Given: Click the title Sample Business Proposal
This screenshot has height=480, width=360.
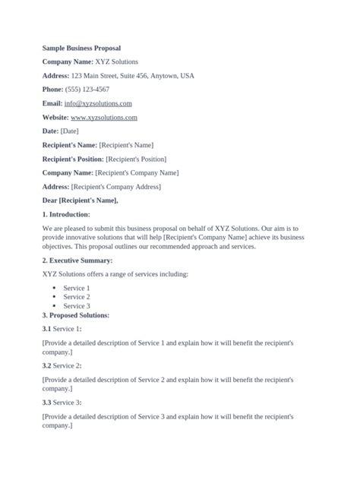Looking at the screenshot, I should tap(81, 47).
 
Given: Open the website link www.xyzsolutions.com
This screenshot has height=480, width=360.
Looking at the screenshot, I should tap(103, 118).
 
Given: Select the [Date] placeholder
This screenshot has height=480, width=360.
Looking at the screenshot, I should tap(69, 131).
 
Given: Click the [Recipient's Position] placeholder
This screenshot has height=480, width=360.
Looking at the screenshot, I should tap(135, 159).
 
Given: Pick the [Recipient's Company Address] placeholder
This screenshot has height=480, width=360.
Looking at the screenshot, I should tap(115, 186).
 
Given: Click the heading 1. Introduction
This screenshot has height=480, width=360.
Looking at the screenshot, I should tap(67, 214).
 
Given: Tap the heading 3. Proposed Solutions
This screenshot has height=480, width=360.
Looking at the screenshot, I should tap(76, 314).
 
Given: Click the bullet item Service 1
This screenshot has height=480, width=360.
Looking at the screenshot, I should tap(77, 288).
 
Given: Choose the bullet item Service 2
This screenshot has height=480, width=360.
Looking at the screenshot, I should tap(77, 297).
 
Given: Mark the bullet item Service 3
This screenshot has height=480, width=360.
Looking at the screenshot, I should tap(77, 306).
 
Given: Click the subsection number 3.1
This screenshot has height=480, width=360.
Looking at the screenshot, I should tap(46, 329).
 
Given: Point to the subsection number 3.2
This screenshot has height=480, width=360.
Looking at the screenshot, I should tap(46, 365).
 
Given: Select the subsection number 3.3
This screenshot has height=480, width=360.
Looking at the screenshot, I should tap(46, 402).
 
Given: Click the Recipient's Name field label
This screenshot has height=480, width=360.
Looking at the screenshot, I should tap(69, 145).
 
